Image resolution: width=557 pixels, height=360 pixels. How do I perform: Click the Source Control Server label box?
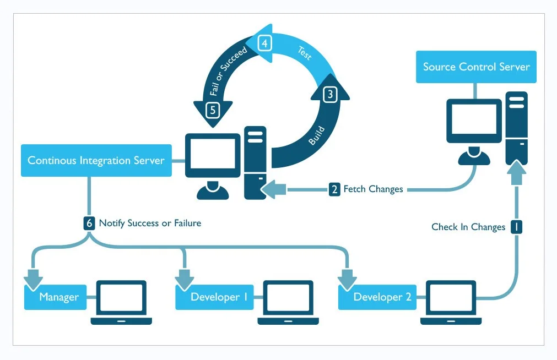tap(476, 67)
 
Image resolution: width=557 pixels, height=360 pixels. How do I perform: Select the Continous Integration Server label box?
tap(96, 161)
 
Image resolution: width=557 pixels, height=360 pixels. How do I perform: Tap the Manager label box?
tap(58, 297)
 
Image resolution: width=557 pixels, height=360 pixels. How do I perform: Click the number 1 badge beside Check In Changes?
tap(516, 227)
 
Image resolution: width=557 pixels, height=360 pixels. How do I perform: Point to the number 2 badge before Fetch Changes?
tap(334, 189)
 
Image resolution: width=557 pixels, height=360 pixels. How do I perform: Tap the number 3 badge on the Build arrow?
tap(329, 94)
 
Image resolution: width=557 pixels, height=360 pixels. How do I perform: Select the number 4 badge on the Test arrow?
tap(265, 43)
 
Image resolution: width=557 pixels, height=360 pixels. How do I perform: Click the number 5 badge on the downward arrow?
tap(213, 110)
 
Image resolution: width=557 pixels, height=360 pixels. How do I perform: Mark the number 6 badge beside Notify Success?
tap(89, 223)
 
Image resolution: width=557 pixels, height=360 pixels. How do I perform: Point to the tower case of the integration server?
tap(256, 162)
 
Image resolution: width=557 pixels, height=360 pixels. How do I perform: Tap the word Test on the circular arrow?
tap(305, 53)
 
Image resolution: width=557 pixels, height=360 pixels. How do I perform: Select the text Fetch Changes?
tap(373, 189)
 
